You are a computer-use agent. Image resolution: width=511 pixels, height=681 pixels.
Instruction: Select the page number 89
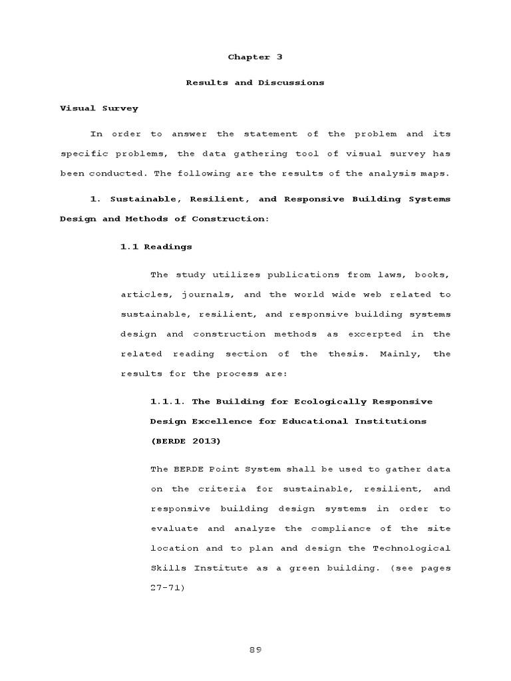(x=255, y=650)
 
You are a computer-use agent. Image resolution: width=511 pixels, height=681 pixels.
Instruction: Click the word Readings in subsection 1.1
(x=168, y=247)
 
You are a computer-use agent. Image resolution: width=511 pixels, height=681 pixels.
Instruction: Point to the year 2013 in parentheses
(x=207, y=441)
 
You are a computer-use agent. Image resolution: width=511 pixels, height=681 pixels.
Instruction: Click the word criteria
(x=219, y=489)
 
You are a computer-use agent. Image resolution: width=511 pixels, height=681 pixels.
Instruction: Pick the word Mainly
(x=398, y=354)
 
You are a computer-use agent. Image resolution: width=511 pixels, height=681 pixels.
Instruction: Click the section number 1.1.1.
(x=162, y=401)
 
